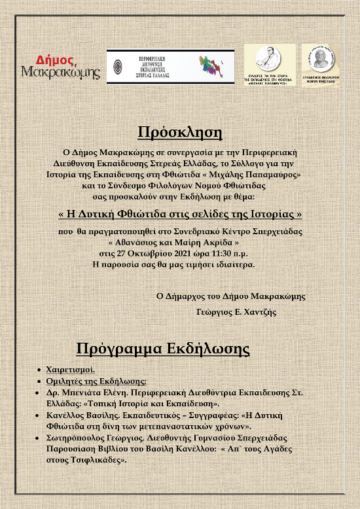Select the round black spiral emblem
pos(117,67)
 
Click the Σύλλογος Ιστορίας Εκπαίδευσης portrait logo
pos(271,64)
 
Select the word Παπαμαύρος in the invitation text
pos(274,175)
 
